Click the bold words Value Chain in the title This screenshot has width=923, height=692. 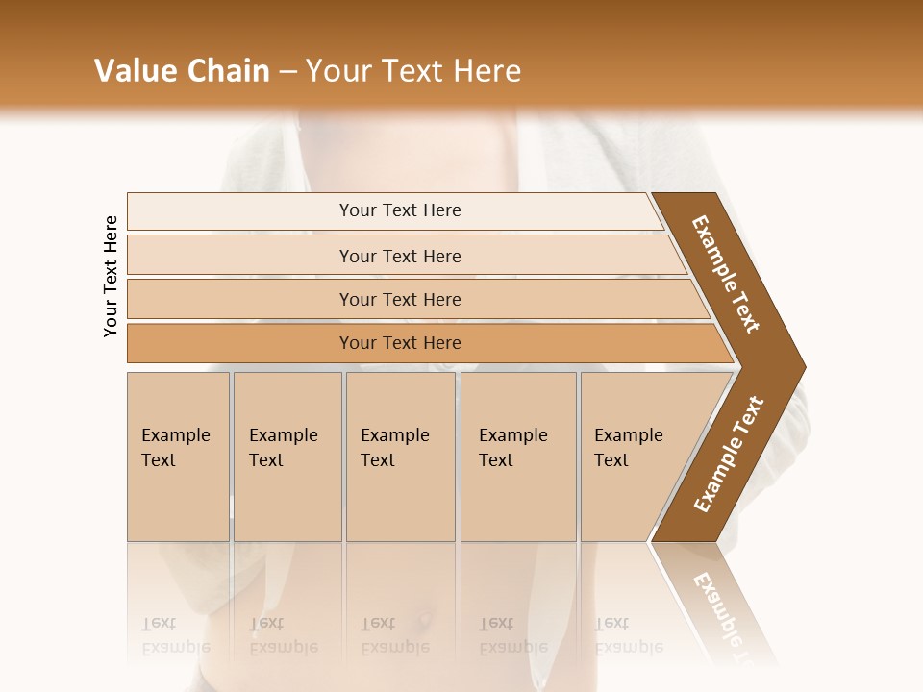pyautogui.click(x=182, y=71)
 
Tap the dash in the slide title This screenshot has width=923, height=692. pyautogui.click(x=287, y=71)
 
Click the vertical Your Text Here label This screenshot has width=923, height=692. pyautogui.click(x=111, y=276)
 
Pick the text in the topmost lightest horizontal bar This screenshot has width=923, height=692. pyautogui.click(x=400, y=210)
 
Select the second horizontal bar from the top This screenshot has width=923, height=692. pyautogui.click(x=400, y=256)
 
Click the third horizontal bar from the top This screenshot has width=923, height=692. pyautogui.click(x=400, y=299)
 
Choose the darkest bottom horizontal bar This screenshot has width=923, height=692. pyautogui.click(x=400, y=343)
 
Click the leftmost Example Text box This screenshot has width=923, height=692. pyautogui.click(x=177, y=456)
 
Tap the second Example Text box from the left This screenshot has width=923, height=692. pyautogui.click(x=287, y=456)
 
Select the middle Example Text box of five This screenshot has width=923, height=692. pyautogui.click(x=399, y=456)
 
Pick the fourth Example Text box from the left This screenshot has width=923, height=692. pyautogui.click(x=517, y=456)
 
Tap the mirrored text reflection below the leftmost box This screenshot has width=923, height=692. pyautogui.click(x=176, y=635)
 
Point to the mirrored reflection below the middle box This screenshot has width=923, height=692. pyautogui.click(x=395, y=635)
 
